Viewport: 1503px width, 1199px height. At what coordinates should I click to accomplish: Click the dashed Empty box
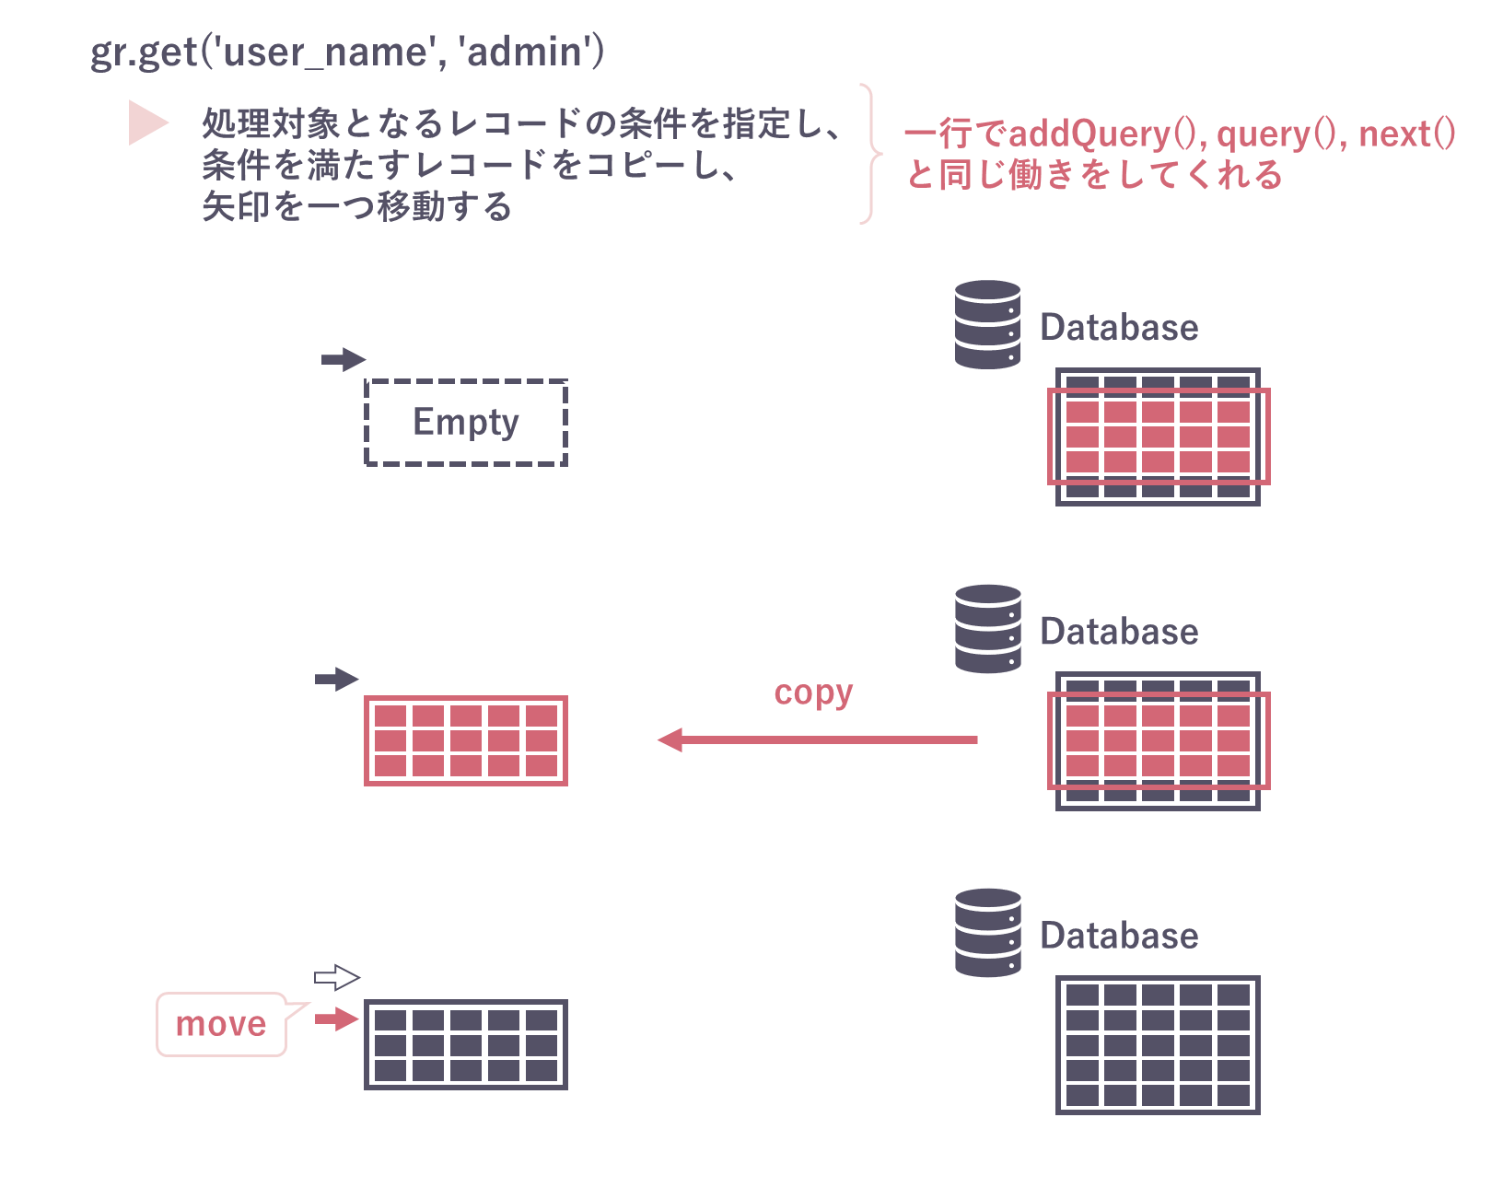click(x=466, y=423)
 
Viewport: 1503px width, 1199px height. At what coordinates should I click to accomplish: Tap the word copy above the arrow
click(x=813, y=693)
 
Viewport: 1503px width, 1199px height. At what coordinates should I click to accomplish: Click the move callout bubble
click(x=221, y=1024)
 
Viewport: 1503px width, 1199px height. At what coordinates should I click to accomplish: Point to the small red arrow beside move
click(x=336, y=1019)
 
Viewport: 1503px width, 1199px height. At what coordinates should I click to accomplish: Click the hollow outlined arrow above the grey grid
click(x=337, y=977)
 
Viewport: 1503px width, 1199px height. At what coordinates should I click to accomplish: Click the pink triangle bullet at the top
click(x=147, y=122)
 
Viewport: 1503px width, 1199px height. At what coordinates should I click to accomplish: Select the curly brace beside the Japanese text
click(x=868, y=154)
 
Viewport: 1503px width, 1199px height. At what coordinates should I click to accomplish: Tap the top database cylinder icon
click(x=987, y=325)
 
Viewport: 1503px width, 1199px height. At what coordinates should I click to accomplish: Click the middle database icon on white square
click(x=986, y=629)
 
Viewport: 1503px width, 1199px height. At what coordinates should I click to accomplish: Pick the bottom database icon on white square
click(x=986, y=932)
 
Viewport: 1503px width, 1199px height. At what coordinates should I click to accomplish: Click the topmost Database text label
click(x=1119, y=328)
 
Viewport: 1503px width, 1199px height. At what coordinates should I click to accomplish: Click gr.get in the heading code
click(x=143, y=52)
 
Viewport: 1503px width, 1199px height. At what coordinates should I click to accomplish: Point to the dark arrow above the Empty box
click(x=344, y=359)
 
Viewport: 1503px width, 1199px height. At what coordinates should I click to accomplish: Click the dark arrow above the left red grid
click(x=337, y=679)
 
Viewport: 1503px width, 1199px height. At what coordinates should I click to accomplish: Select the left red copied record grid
click(x=466, y=740)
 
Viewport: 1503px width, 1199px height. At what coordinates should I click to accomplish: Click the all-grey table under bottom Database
click(x=1158, y=1045)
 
